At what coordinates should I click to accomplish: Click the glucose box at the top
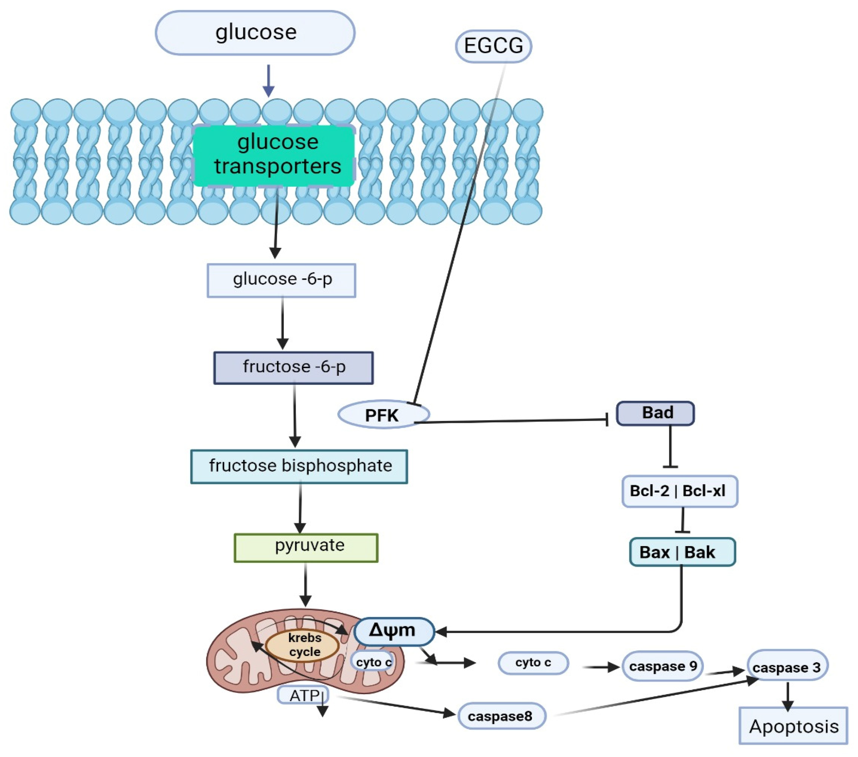255,33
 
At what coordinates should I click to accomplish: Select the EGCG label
493,46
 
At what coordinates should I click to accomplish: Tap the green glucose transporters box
274,155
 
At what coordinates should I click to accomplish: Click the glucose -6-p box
281,280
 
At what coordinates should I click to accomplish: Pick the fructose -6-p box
293,367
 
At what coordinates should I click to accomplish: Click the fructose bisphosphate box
299,466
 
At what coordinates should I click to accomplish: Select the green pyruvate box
306,547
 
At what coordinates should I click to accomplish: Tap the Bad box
655,413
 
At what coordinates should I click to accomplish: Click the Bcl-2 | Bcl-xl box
679,491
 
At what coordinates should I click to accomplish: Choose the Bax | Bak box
682,552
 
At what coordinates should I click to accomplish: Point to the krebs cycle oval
303,646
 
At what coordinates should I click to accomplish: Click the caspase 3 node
787,667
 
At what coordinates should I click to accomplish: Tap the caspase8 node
501,716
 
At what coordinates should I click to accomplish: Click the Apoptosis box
793,726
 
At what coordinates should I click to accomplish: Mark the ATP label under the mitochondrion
303,696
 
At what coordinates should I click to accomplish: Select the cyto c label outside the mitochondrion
533,663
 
